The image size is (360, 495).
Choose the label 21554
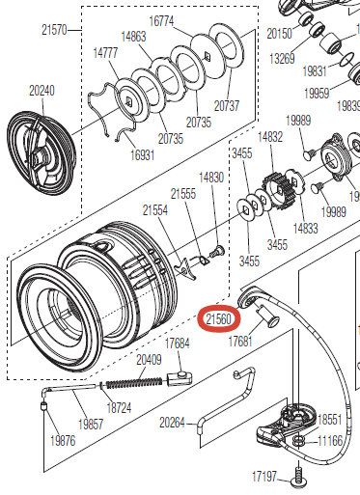tap(155, 208)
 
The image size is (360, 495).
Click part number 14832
tap(270, 138)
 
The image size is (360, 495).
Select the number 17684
tap(178, 344)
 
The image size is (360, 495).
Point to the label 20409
tap(148, 360)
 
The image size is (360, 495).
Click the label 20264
tap(172, 422)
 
